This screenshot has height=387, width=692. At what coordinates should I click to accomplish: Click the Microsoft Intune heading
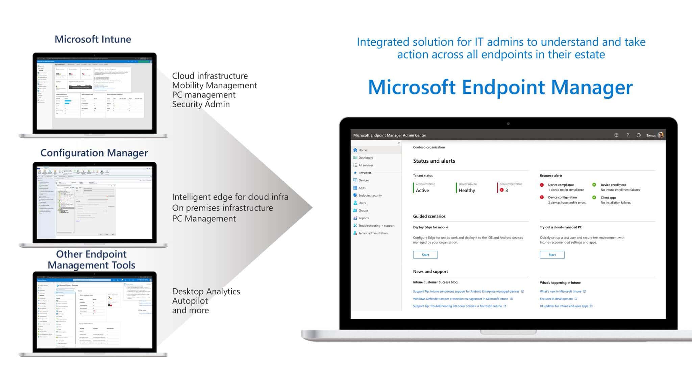(x=93, y=39)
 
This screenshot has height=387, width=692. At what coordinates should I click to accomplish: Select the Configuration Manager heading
(x=94, y=153)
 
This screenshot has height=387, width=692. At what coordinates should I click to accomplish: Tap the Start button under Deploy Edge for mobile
(x=425, y=255)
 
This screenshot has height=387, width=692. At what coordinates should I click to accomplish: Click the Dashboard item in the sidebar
(x=366, y=158)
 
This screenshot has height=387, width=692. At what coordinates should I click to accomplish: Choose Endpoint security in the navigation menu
(x=370, y=196)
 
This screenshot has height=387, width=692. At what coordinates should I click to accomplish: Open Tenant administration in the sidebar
(x=373, y=233)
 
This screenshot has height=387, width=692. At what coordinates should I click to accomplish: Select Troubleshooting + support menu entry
(x=376, y=226)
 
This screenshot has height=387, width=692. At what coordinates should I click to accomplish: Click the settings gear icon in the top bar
(x=616, y=135)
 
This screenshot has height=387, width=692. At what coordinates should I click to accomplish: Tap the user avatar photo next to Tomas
(x=661, y=135)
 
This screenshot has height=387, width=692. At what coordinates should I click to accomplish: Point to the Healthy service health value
(x=467, y=190)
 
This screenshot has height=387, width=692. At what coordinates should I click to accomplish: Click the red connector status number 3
(x=506, y=190)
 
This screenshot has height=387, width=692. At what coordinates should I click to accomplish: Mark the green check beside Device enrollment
(x=594, y=185)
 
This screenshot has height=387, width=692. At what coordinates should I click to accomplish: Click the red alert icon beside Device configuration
(x=542, y=197)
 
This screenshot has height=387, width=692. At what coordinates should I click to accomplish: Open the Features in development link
(x=556, y=299)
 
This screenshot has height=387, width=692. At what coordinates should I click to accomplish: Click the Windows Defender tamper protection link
(x=460, y=299)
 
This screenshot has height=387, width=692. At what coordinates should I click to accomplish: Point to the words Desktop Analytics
(x=206, y=291)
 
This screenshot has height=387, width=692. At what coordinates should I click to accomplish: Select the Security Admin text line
(x=201, y=104)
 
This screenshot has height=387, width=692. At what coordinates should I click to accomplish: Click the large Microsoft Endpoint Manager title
(x=500, y=87)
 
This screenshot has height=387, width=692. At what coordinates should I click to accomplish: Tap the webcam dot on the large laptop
(x=508, y=123)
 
